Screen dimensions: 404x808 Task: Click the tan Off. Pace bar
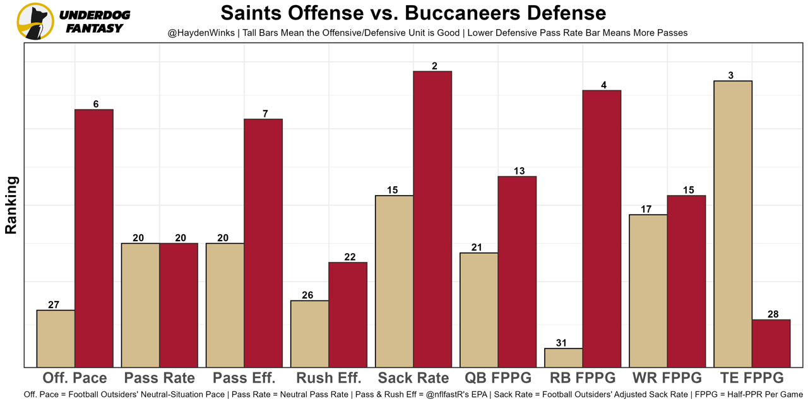56,338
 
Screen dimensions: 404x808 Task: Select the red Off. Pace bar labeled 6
94,238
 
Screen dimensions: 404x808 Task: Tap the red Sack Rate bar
432,219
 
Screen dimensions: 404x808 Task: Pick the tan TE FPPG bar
732,223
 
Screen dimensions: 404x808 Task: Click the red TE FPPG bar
771,343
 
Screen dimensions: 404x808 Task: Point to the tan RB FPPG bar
563,357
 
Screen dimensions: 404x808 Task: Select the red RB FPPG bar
602,229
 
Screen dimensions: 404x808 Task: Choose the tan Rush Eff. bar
309,333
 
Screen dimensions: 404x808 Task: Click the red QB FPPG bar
517,271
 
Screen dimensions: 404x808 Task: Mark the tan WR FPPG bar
648,290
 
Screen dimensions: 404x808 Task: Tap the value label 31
562,343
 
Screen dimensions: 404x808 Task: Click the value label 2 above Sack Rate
435,66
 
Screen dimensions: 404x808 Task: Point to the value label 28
773,314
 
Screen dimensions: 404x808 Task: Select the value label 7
265,114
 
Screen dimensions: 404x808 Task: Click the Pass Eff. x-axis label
244,378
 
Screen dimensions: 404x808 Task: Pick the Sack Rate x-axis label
413,378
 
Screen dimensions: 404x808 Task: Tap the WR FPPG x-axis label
667,378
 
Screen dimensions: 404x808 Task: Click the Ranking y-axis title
11,205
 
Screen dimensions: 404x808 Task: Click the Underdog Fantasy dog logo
35,21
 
